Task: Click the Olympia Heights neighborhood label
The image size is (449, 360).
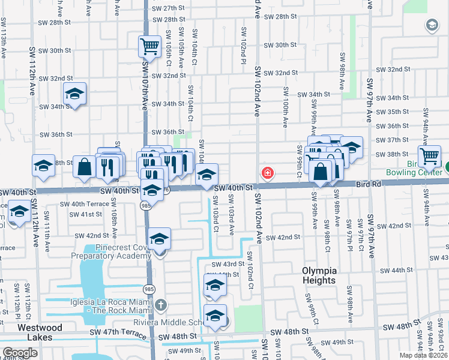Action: [x=318, y=275]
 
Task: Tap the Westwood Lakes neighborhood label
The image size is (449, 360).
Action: [x=40, y=332]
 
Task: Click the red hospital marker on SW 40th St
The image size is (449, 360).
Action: [x=267, y=173]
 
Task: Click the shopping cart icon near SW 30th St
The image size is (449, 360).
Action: [x=149, y=46]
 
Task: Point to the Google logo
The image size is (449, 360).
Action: [x=20, y=353]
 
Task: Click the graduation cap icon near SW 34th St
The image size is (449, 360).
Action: [x=74, y=94]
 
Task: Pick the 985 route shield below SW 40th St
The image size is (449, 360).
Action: [x=146, y=205]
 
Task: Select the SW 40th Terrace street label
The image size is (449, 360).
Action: [x=85, y=204]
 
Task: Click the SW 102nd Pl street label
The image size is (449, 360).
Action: [x=244, y=46]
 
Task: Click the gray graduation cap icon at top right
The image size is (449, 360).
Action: [x=431, y=25]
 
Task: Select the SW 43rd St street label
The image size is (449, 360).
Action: [x=226, y=263]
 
